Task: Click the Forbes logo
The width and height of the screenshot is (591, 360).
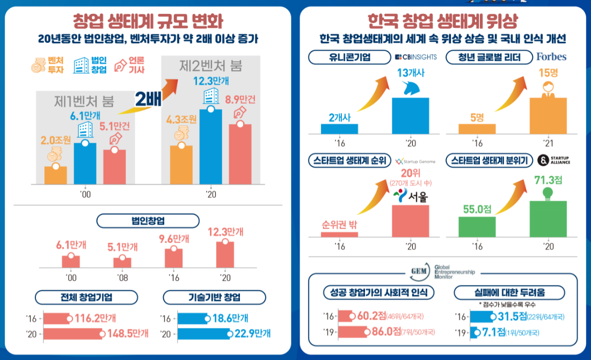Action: pos(551,56)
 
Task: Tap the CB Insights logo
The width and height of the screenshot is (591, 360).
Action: pos(415,57)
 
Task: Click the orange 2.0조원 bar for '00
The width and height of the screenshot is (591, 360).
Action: pos(56,174)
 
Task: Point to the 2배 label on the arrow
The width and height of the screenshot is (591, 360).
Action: pos(149,99)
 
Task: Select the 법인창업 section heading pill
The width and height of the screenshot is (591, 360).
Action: pos(148,221)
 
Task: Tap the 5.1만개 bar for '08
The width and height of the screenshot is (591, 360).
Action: pos(122,262)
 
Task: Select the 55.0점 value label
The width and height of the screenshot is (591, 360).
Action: pos(477,209)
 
